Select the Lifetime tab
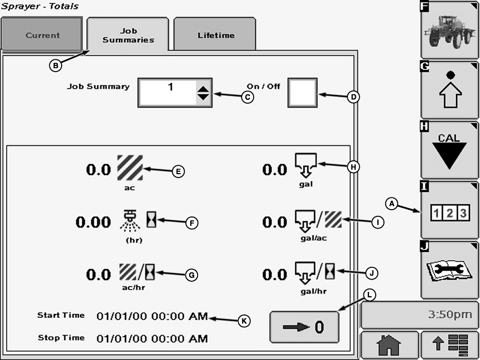tap(215, 35)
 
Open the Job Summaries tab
tap(128, 35)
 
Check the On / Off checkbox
tap(302, 92)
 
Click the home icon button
tap(388, 346)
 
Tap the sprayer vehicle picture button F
tap(449, 31)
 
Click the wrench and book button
tap(449, 271)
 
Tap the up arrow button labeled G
tap(449, 90)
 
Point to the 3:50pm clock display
tap(420, 315)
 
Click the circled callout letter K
tap(244, 320)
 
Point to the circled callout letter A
tap(392, 204)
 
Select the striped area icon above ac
tap(130, 168)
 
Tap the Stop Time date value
tap(152, 338)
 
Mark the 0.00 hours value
tap(93, 222)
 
